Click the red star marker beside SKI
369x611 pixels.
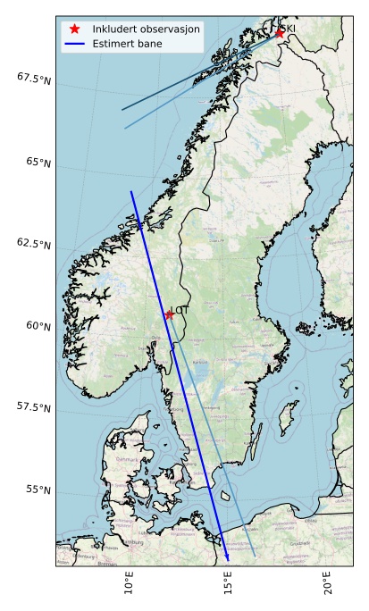click(x=280, y=33)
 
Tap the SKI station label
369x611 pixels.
click(x=289, y=29)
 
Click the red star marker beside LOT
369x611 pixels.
click(x=169, y=314)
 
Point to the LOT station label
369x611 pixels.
click(x=181, y=310)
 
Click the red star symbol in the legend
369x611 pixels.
click(x=75, y=29)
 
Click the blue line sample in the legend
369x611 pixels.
click(x=75, y=43)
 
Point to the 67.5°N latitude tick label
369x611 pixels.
click(x=34, y=79)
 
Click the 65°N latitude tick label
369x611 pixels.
click(x=38, y=162)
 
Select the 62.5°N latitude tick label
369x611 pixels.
click(x=34, y=243)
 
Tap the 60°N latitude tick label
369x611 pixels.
click(x=38, y=325)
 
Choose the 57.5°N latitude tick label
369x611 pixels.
click(x=34, y=407)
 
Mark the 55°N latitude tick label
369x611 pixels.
click(x=38, y=490)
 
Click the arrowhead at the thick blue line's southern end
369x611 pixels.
click(x=228, y=558)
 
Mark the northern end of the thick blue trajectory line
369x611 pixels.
click(x=131, y=191)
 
